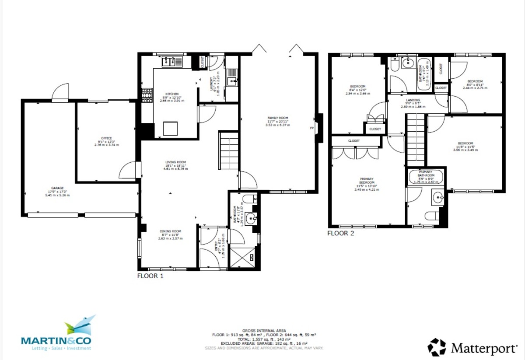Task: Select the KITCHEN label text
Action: (171, 94)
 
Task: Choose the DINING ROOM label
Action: (170, 231)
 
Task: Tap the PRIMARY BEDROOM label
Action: (367, 181)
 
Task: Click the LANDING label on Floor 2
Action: (413, 100)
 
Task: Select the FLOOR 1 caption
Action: (150, 276)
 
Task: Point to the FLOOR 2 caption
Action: (341, 233)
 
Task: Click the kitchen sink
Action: (172, 62)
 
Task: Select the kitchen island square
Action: (171, 129)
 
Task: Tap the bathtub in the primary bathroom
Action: (425, 177)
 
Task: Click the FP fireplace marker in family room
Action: (312, 128)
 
